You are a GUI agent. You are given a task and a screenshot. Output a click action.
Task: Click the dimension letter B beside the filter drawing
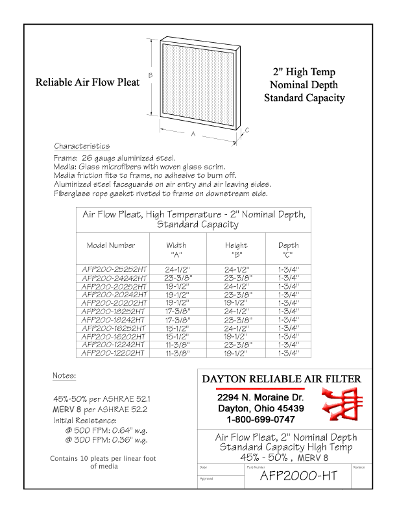[x=150, y=75]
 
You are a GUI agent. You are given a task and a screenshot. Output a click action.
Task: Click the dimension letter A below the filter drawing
[x=193, y=135]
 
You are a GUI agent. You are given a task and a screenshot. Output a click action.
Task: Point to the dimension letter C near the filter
[x=247, y=130]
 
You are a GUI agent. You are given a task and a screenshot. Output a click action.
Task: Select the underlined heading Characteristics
[x=82, y=146]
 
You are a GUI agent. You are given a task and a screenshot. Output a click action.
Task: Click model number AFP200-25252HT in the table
[x=111, y=267]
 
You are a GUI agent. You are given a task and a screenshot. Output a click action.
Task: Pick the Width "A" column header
[x=176, y=250]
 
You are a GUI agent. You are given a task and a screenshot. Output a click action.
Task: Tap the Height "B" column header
[x=236, y=250]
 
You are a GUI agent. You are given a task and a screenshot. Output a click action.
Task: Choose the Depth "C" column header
[x=289, y=250]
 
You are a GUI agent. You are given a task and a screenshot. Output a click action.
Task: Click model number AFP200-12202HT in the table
[x=111, y=354]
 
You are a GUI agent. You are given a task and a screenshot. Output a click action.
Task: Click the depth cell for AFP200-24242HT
[x=289, y=276]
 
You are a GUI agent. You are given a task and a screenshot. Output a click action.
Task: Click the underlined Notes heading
[x=64, y=376]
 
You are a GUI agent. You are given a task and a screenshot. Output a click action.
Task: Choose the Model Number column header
[x=111, y=245]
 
